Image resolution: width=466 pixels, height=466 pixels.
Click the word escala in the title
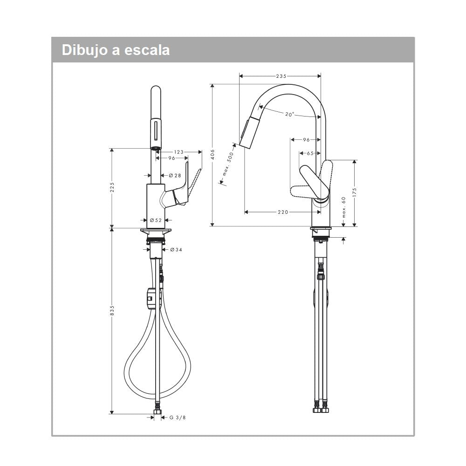click(x=148, y=50)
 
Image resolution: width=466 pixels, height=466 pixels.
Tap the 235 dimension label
click(x=281, y=75)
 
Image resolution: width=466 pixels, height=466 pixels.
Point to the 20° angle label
click(x=290, y=114)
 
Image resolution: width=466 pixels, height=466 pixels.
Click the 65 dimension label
click(x=310, y=153)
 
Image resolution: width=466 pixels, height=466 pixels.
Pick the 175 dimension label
click(x=354, y=193)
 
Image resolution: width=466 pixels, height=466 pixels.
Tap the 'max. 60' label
click(x=343, y=207)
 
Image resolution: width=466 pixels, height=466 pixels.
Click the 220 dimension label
click(x=282, y=212)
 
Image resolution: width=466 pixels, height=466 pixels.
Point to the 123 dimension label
click(x=179, y=151)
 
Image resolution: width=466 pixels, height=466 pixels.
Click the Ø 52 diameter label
click(x=155, y=220)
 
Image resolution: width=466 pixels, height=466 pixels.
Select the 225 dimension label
click(x=112, y=187)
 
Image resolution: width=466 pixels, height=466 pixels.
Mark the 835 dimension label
click(x=112, y=311)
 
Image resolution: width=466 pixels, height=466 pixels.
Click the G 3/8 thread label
click(x=178, y=418)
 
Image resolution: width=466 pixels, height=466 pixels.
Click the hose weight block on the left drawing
click(x=151, y=298)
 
